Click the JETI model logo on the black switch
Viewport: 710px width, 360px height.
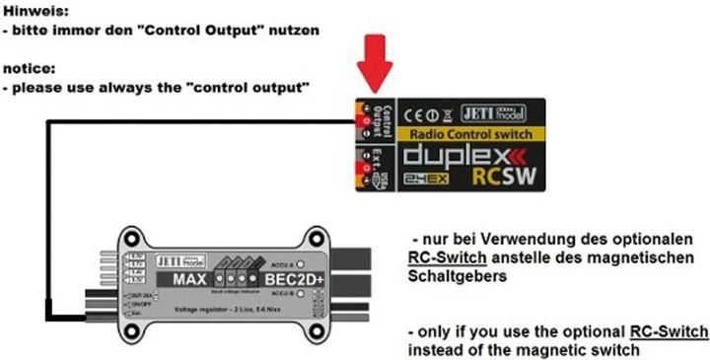(503, 112)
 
